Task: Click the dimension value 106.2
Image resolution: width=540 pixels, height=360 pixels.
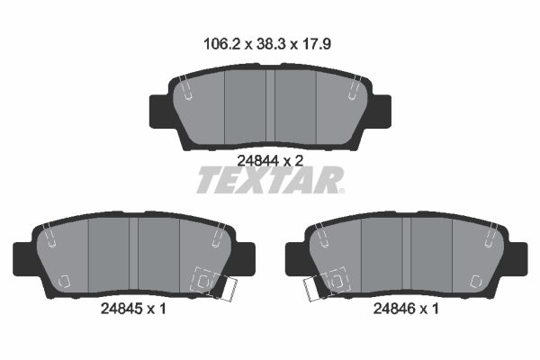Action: (x=221, y=44)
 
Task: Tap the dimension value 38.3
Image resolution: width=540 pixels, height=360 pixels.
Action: (x=271, y=44)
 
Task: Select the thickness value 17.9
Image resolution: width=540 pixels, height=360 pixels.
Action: (x=317, y=44)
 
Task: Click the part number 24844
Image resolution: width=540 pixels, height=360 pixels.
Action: (x=257, y=160)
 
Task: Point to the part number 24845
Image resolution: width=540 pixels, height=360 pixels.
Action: (x=121, y=309)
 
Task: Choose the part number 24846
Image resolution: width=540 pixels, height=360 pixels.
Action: (x=394, y=309)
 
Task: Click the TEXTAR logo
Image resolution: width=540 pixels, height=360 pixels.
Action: (x=270, y=180)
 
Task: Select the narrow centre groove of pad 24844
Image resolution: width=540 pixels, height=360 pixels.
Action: (x=270, y=106)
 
